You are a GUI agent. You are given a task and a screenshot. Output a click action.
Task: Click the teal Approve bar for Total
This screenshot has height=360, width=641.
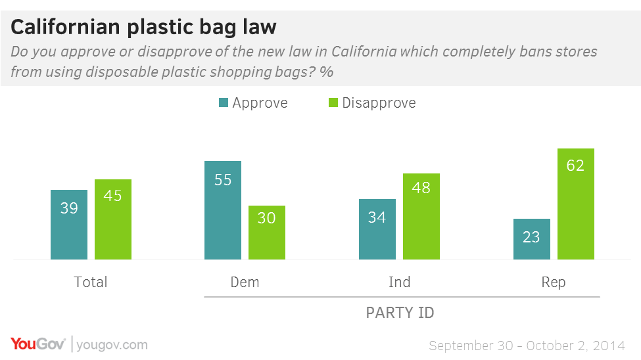click(69, 225)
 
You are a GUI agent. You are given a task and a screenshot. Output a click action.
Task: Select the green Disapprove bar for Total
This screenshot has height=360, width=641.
click(113, 219)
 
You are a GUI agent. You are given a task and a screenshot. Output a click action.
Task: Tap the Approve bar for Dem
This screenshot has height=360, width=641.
click(223, 210)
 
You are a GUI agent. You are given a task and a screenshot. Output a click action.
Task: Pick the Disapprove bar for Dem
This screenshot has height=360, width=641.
click(267, 233)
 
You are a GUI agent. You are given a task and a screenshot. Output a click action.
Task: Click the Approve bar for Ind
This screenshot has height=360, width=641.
click(377, 229)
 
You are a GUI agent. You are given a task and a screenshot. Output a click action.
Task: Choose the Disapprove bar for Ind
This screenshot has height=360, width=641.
click(421, 217)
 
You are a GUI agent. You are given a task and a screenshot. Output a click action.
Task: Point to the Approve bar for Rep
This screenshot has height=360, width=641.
click(531, 239)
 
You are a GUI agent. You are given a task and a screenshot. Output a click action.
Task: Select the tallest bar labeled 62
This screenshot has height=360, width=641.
click(575, 204)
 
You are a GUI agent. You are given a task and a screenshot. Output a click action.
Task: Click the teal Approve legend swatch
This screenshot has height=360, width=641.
click(223, 103)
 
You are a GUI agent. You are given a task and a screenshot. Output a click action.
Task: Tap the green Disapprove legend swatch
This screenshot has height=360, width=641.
click(333, 103)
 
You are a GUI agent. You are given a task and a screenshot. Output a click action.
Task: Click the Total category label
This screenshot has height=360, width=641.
click(91, 282)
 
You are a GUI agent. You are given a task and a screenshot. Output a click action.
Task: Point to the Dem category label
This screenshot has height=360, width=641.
click(245, 282)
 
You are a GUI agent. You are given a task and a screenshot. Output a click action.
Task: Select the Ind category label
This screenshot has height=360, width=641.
click(399, 282)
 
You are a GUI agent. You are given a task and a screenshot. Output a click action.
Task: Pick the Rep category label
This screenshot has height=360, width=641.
click(554, 282)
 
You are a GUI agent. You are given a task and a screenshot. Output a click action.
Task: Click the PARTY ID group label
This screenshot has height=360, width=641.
click(400, 313)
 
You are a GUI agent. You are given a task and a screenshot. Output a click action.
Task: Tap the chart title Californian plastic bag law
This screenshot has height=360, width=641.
click(144, 27)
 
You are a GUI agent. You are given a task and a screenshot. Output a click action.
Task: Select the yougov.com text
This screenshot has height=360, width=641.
click(112, 345)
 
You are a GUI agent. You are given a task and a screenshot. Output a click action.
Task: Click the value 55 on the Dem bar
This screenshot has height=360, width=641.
click(223, 179)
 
